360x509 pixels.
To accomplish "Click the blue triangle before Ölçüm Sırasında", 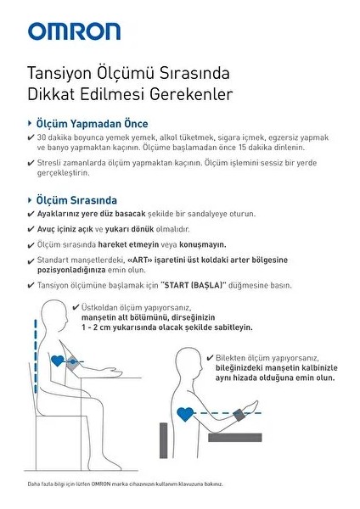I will point(31,200).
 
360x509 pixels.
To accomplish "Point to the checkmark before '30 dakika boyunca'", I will point(31,137).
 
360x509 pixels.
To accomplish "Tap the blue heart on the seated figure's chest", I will point(58,361).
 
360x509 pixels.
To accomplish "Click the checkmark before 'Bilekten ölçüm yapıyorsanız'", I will point(210,358).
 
